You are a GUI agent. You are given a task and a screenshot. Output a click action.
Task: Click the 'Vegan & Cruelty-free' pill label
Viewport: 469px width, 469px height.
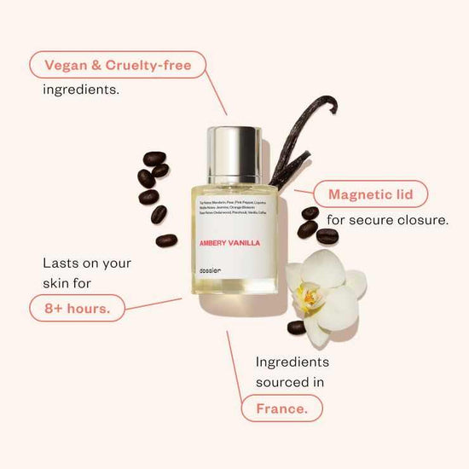[118, 64]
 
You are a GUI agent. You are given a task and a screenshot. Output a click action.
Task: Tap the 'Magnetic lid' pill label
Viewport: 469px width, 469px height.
[365, 194]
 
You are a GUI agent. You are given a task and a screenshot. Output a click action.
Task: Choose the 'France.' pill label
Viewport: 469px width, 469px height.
[281, 408]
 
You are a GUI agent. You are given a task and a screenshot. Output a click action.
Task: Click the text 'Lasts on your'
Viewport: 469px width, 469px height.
[87, 263]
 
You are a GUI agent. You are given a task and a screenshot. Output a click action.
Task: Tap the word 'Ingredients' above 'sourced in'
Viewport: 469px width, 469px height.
[292, 362]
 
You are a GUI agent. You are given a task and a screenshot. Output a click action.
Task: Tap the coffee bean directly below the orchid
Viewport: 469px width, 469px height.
[297, 327]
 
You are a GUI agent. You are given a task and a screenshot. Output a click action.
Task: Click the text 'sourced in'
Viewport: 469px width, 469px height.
[290, 382]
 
